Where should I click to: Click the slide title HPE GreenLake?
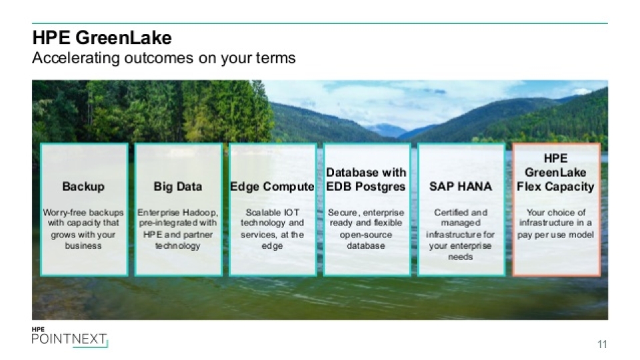[x=102, y=37]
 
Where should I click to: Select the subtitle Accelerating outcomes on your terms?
[x=164, y=58]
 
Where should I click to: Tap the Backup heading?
[x=83, y=187]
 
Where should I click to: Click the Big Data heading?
[x=178, y=187]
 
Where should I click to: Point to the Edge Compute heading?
[x=272, y=187]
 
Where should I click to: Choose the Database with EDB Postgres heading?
[x=366, y=179]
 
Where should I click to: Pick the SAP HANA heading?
[x=461, y=187]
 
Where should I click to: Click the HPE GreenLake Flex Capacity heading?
[x=555, y=172]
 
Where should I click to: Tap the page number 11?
[x=603, y=344]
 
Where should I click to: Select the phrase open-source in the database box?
[x=366, y=235]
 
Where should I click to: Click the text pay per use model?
[x=555, y=235]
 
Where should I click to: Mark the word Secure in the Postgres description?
[x=341, y=213]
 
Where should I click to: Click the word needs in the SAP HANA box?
[x=461, y=257]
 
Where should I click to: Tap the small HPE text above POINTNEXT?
[x=38, y=329]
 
